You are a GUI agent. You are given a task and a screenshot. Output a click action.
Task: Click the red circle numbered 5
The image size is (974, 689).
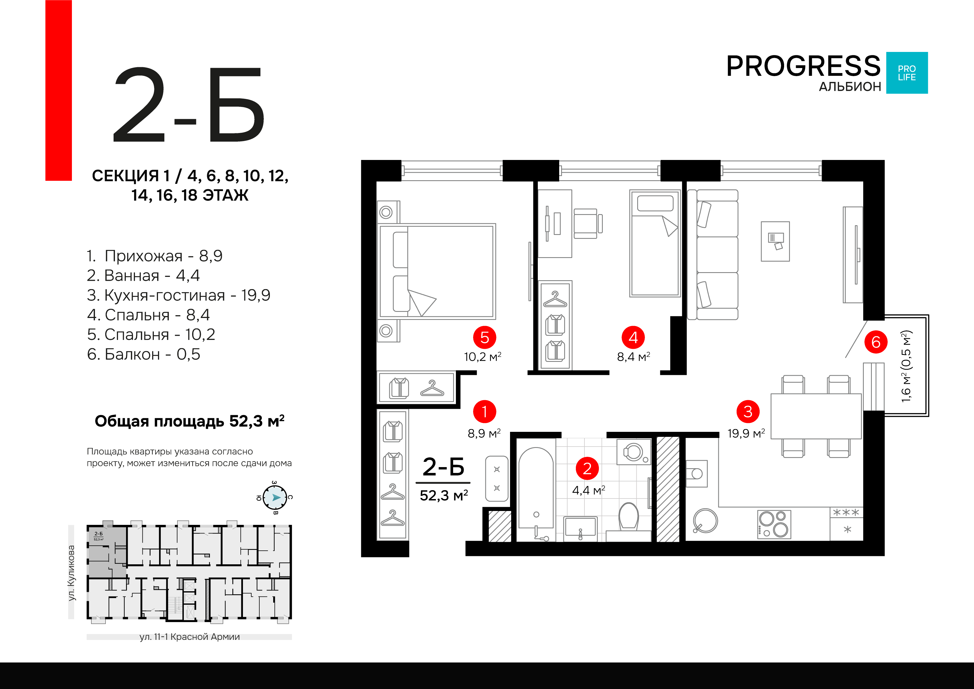tap(485, 338)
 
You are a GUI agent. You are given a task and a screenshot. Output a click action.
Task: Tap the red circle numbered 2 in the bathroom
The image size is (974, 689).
tap(587, 469)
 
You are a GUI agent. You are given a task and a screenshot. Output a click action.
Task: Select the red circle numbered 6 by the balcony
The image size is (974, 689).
tap(876, 342)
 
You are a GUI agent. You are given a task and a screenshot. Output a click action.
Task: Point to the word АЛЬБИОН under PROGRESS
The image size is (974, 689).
tap(850, 87)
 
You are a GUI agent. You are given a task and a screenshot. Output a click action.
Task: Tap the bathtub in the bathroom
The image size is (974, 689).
tap(536, 488)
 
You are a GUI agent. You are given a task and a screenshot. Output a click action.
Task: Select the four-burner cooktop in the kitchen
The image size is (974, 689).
tap(774, 524)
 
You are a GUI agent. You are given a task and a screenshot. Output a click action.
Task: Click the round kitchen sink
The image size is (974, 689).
tap(705, 520)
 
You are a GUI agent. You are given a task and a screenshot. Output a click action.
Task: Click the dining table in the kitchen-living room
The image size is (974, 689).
tap(816, 416)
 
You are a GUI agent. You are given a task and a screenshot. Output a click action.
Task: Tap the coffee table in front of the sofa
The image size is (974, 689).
tap(775, 241)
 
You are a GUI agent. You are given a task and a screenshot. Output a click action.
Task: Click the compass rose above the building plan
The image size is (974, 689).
tap(275, 497)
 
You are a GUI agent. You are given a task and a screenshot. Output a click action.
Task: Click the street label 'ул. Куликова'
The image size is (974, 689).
tap(71, 573)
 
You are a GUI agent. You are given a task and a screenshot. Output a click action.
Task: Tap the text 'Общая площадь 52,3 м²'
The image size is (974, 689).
tap(189, 421)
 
